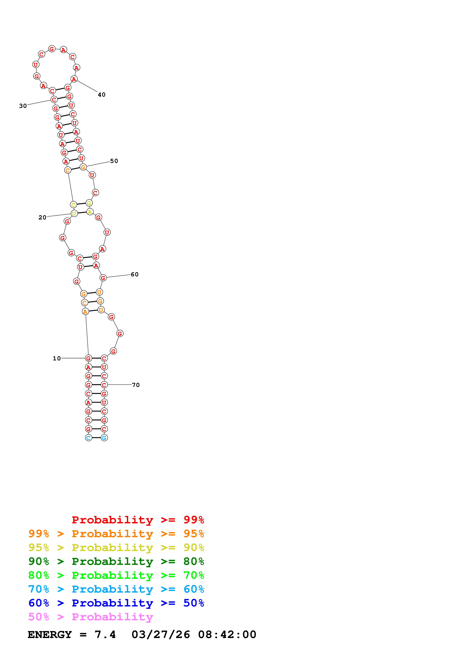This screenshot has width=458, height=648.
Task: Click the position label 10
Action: click(57, 358)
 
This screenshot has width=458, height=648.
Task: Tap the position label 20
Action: click(42, 217)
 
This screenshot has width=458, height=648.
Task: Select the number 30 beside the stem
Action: click(23, 106)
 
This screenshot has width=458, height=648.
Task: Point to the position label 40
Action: click(102, 95)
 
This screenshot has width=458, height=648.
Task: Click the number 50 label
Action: click(114, 161)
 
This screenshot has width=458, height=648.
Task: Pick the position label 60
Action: click(135, 274)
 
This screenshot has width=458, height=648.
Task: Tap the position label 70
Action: click(136, 385)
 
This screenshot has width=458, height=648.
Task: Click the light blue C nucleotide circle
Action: click(88, 438)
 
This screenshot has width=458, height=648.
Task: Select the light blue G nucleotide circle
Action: click(104, 438)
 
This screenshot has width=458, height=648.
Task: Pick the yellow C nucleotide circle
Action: click(73, 205)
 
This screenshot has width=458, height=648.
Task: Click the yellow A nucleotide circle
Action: click(90, 212)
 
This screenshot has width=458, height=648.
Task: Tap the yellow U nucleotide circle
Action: click(74, 213)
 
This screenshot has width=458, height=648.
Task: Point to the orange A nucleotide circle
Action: click(85, 312)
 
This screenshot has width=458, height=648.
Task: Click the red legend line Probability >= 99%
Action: click(138, 520)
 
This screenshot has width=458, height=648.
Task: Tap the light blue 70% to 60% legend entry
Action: click(116, 589)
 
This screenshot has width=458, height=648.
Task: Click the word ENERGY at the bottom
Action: click(50, 635)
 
